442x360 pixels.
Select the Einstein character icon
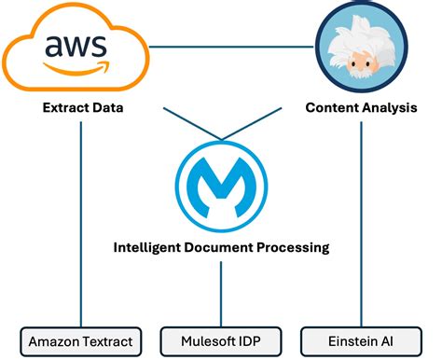tap(360, 47)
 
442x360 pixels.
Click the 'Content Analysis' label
tap(360, 108)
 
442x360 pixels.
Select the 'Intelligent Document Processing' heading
tap(221, 248)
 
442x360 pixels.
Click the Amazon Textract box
tap(81, 340)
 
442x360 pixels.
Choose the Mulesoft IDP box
tap(221, 340)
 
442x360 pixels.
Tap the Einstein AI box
tap(360, 340)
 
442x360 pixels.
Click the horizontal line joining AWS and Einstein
tap(233, 46)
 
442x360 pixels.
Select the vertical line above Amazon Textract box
tap(81, 224)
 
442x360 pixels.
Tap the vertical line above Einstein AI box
tap(360, 224)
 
